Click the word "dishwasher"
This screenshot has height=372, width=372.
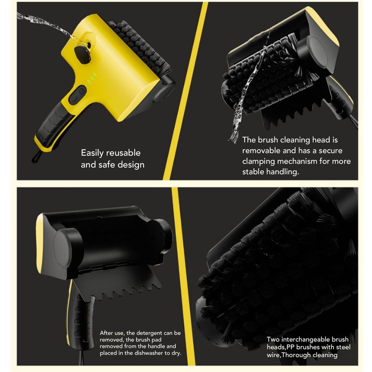pos(149,353)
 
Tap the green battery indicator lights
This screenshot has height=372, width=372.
pos(92,78)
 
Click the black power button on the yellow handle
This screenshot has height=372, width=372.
pos(77,95)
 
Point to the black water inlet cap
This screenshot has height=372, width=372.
pos(82,54)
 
